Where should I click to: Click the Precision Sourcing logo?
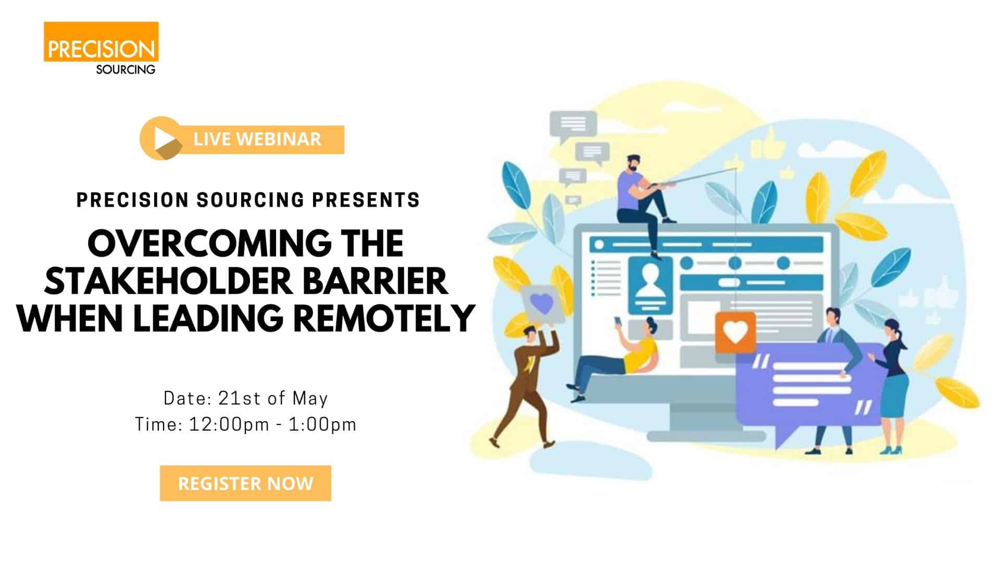(101, 48)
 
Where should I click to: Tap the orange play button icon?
(161, 138)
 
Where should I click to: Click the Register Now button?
(245, 483)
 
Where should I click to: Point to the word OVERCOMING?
(209, 243)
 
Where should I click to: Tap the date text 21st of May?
(273, 398)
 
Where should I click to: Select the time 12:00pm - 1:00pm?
(272, 424)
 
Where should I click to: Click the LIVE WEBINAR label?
(257, 139)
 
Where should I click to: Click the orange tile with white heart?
(735, 332)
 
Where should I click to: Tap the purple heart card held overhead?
(542, 304)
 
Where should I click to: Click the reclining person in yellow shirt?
(615, 360)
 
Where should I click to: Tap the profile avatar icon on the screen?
(650, 285)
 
